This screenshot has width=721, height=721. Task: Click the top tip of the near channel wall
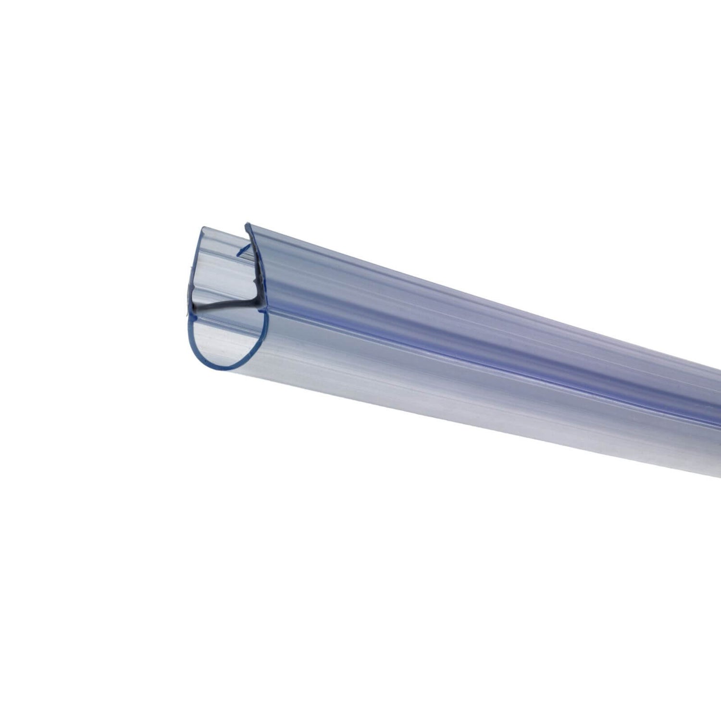[248, 224]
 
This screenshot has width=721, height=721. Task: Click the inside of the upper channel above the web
[221, 274]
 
